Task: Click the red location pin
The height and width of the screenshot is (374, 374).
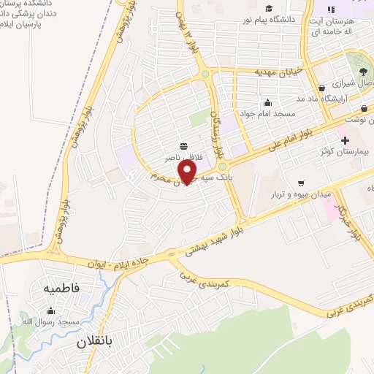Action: (188, 171)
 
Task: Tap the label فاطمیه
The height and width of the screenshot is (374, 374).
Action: (61, 289)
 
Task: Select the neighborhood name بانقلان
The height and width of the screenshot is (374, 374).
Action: (97, 341)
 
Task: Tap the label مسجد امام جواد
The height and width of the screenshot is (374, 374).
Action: (270, 114)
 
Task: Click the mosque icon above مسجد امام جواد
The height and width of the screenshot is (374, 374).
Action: (269, 102)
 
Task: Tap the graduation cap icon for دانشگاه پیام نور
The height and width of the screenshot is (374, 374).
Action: (269, 9)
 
